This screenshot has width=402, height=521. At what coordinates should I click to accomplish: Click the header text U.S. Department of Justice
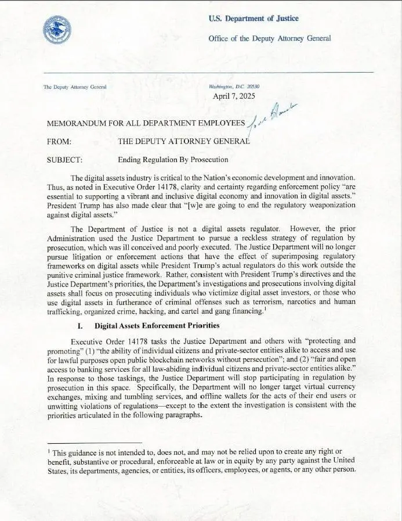click(253, 19)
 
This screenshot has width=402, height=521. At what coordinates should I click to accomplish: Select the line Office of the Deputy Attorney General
click(270, 38)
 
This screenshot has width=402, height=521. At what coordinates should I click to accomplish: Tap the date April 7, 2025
click(234, 96)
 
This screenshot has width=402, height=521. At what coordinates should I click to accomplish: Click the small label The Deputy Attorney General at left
click(75, 87)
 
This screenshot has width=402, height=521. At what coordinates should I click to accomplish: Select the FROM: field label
click(59, 141)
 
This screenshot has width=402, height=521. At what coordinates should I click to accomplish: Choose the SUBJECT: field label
click(64, 160)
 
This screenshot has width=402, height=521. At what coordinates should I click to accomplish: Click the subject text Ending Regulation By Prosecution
click(173, 160)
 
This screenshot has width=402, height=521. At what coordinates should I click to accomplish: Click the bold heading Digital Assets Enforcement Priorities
click(155, 326)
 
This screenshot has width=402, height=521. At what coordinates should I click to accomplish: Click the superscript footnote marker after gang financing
click(265, 309)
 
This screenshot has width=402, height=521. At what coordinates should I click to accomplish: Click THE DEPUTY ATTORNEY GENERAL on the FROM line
click(184, 141)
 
